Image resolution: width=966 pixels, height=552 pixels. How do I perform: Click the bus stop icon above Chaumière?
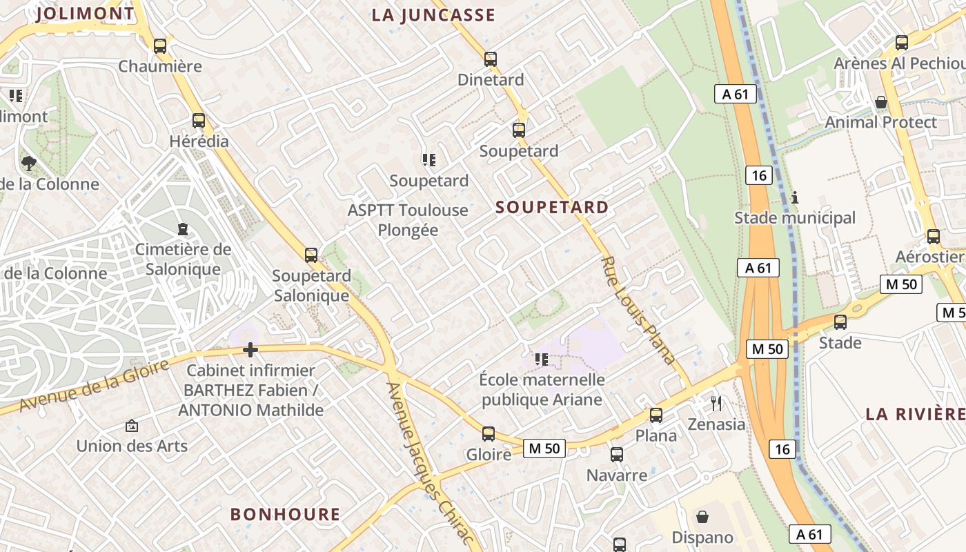tap(160, 46)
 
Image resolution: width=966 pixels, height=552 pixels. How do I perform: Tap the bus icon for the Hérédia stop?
tap(199, 121)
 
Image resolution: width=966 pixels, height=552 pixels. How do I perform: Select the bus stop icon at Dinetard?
tap(491, 59)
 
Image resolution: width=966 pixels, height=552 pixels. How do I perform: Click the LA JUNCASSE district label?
tap(433, 15)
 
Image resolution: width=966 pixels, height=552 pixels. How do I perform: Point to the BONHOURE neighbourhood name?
tap(285, 514)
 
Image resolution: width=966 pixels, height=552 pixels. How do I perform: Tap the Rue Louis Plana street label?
tap(638, 310)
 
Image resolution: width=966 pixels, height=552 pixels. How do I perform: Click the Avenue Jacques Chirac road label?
tap(430, 466)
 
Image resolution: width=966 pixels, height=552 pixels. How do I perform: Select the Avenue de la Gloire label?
tap(93, 385)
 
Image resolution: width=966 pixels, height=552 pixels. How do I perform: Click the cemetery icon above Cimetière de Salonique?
tap(183, 228)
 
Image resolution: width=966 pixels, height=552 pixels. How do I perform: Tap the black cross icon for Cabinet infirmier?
tap(250, 351)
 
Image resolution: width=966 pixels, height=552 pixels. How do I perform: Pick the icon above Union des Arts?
tap(132, 426)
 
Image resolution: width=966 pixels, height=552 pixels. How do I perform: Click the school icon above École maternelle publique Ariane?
tap(542, 359)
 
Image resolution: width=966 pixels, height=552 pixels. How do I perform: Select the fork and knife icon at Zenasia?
tap(716, 404)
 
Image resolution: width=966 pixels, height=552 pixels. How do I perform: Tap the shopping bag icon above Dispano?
tap(702, 517)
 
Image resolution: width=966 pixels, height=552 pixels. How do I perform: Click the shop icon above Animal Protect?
tap(881, 102)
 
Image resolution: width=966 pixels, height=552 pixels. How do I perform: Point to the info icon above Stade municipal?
tap(795, 197)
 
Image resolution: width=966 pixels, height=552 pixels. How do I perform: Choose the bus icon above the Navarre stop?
tap(617, 455)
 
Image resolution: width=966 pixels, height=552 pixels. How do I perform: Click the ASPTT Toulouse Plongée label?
tap(408, 219)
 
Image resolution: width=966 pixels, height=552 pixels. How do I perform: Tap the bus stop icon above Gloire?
tap(489, 434)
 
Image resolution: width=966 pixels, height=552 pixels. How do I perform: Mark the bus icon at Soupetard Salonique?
tap(311, 255)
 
